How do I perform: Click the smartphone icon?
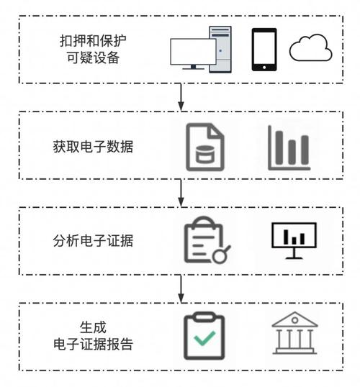[264, 50]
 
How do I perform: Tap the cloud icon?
[310, 49]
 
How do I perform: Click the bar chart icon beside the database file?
[289, 147]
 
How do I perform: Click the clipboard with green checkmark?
[206, 336]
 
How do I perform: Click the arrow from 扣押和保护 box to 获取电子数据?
[181, 97]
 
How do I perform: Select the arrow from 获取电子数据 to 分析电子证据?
[181, 192]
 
